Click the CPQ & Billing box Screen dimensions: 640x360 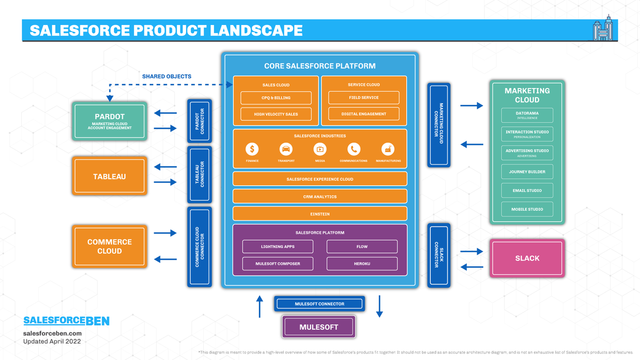tap(276, 98)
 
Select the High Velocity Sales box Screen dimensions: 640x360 tap(276, 114)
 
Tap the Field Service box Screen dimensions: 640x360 tap(364, 98)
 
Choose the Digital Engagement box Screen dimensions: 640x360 tap(364, 114)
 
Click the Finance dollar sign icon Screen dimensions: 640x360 tap(252, 149)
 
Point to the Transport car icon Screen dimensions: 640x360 tap(286, 149)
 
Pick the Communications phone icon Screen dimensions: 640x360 tap(354, 149)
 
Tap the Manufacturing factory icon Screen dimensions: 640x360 tap(388, 149)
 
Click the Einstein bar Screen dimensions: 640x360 tap(319, 214)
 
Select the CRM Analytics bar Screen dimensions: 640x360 tap(319, 196)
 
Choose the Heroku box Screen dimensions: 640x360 tap(362, 263)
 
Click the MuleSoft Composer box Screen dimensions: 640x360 tap(277, 263)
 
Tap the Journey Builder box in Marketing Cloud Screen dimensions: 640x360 tap(527, 172)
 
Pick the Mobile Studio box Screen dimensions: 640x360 tap(527, 209)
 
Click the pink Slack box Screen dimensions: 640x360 tap(527, 258)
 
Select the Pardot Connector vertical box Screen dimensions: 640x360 tap(199, 121)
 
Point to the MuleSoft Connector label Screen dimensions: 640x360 tap(319, 303)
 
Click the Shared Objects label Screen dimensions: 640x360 tap(166, 76)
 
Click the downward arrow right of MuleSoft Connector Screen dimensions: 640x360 tap(379, 306)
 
